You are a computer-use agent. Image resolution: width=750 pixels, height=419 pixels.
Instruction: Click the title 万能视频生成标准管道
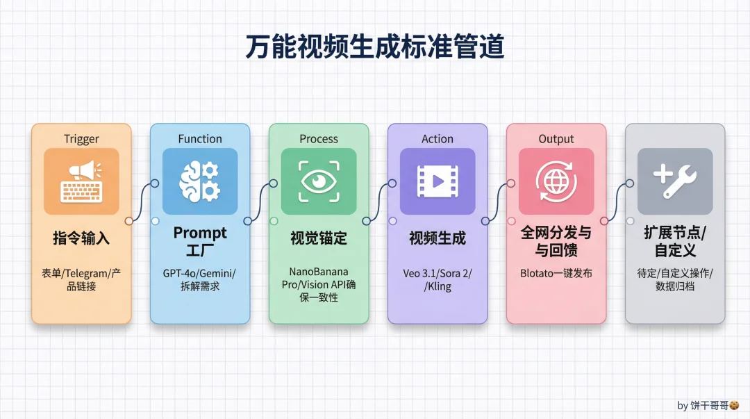374,47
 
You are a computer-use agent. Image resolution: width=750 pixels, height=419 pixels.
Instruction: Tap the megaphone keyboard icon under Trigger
81,181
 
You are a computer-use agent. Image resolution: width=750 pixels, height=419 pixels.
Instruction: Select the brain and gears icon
200,181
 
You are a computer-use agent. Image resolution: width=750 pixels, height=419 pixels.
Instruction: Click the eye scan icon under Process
319,181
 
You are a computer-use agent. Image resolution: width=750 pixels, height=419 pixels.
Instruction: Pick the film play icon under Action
437,181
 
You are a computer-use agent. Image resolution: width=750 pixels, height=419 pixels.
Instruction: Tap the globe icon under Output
556,181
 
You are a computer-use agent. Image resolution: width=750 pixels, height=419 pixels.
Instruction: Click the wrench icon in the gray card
675,181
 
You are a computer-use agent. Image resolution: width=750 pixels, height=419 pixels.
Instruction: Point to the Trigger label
81,139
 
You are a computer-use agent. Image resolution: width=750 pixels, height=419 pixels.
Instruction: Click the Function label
200,139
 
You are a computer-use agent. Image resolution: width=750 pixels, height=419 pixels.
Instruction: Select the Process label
319,139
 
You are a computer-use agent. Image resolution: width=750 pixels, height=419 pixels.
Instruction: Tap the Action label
437,139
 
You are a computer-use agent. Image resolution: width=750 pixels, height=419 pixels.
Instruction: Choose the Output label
556,139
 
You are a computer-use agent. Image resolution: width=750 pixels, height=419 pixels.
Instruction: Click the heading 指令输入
81,238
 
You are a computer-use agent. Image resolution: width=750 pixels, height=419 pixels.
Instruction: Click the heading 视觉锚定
319,238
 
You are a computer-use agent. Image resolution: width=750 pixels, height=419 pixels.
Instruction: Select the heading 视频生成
437,238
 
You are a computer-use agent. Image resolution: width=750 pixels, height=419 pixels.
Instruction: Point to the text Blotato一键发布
556,273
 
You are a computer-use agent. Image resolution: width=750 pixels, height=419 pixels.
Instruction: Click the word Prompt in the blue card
200,233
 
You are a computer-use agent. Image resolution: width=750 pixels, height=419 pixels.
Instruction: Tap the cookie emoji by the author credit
734,405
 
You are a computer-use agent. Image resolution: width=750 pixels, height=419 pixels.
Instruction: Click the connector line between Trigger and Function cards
141,202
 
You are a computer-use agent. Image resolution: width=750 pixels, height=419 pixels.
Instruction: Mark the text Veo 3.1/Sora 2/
437,273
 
